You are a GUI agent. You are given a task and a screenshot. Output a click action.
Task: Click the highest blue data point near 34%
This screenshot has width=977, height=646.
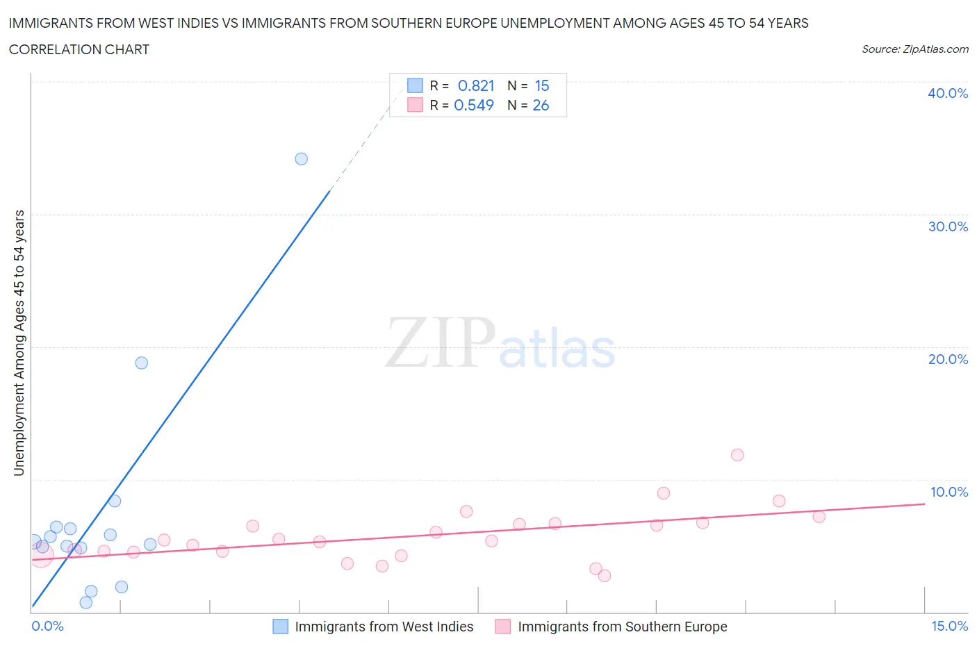[x=301, y=159]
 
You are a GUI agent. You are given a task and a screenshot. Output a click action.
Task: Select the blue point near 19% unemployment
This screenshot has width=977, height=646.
[x=142, y=363]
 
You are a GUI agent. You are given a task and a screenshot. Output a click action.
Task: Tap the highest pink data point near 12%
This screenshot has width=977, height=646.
[x=737, y=455]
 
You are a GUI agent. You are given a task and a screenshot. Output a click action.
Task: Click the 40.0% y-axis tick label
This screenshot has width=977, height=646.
[x=948, y=93]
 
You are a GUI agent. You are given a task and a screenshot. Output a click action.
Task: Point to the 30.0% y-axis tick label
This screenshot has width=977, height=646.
[x=948, y=226]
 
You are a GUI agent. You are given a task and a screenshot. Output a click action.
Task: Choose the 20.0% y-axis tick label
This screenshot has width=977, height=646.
[x=948, y=359]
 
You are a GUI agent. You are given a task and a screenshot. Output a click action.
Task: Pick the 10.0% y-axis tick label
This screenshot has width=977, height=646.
[x=948, y=492]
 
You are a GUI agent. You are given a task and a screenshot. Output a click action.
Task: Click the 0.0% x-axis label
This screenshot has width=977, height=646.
[x=47, y=626]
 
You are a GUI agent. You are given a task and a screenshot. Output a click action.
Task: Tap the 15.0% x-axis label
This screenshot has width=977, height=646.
[x=949, y=626]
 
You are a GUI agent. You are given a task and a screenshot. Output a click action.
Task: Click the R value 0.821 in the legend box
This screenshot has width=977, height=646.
[x=476, y=85]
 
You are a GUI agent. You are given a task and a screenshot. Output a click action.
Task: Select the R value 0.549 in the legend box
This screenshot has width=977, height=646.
[x=474, y=105]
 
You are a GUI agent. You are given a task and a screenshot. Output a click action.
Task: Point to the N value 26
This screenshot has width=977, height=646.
[x=541, y=105]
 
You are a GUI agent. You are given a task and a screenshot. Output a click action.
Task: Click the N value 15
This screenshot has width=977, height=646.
[x=542, y=85]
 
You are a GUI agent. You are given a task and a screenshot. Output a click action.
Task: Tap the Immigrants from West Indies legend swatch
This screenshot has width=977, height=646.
[x=280, y=627]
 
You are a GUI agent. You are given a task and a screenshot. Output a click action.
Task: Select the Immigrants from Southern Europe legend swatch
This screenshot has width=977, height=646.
[x=503, y=627]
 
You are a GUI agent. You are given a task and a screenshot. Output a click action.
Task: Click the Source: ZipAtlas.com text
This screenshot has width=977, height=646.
[x=914, y=49]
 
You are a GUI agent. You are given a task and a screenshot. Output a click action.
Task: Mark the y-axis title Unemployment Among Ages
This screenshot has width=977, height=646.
[x=19, y=343]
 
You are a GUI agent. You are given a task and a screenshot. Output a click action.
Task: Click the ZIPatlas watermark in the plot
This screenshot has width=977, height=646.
[x=500, y=344]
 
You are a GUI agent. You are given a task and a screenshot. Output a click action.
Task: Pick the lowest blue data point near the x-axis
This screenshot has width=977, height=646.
[x=86, y=602]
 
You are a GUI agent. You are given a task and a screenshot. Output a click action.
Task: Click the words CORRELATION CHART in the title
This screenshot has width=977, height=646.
[x=79, y=49]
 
